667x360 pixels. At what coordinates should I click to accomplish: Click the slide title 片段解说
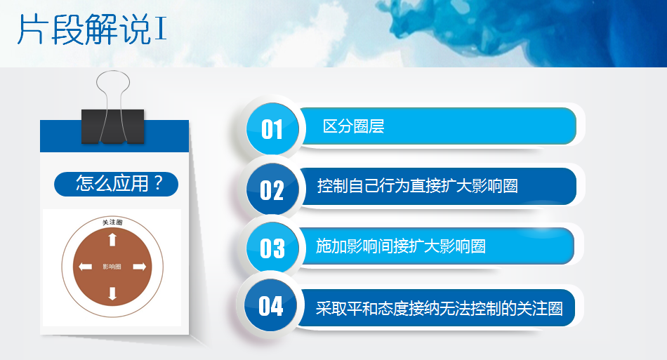coord(84,29)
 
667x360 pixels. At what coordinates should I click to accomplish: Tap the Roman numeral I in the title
coord(160,29)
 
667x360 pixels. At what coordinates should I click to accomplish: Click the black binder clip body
coord(113,126)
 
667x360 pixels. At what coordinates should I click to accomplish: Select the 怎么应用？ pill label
coord(116,184)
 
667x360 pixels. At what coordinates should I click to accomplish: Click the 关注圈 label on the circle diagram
coord(112,222)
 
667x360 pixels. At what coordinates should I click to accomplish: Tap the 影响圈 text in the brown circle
coord(112,267)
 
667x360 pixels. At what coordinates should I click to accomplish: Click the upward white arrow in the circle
coord(112,239)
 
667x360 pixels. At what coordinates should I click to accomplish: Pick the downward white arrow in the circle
coord(112,294)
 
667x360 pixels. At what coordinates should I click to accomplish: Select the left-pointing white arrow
coord(85,267)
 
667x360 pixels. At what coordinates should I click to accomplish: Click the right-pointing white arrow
coord(140,267)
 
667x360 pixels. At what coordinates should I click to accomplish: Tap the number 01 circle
coord(272,129)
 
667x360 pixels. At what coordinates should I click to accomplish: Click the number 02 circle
coord(272,189)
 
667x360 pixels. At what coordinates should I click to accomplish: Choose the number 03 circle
coord(272,248)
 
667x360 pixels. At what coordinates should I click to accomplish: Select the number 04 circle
coord(271,305)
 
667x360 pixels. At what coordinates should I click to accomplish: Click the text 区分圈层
coord(353,126)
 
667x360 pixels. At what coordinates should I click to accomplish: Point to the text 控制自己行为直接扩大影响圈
coord(417,186)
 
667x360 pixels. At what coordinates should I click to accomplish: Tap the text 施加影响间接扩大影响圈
coord(401,246)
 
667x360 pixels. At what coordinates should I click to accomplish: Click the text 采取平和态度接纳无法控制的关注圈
coord(439,308)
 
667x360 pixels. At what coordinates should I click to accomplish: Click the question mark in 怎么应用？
coord(158,183)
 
